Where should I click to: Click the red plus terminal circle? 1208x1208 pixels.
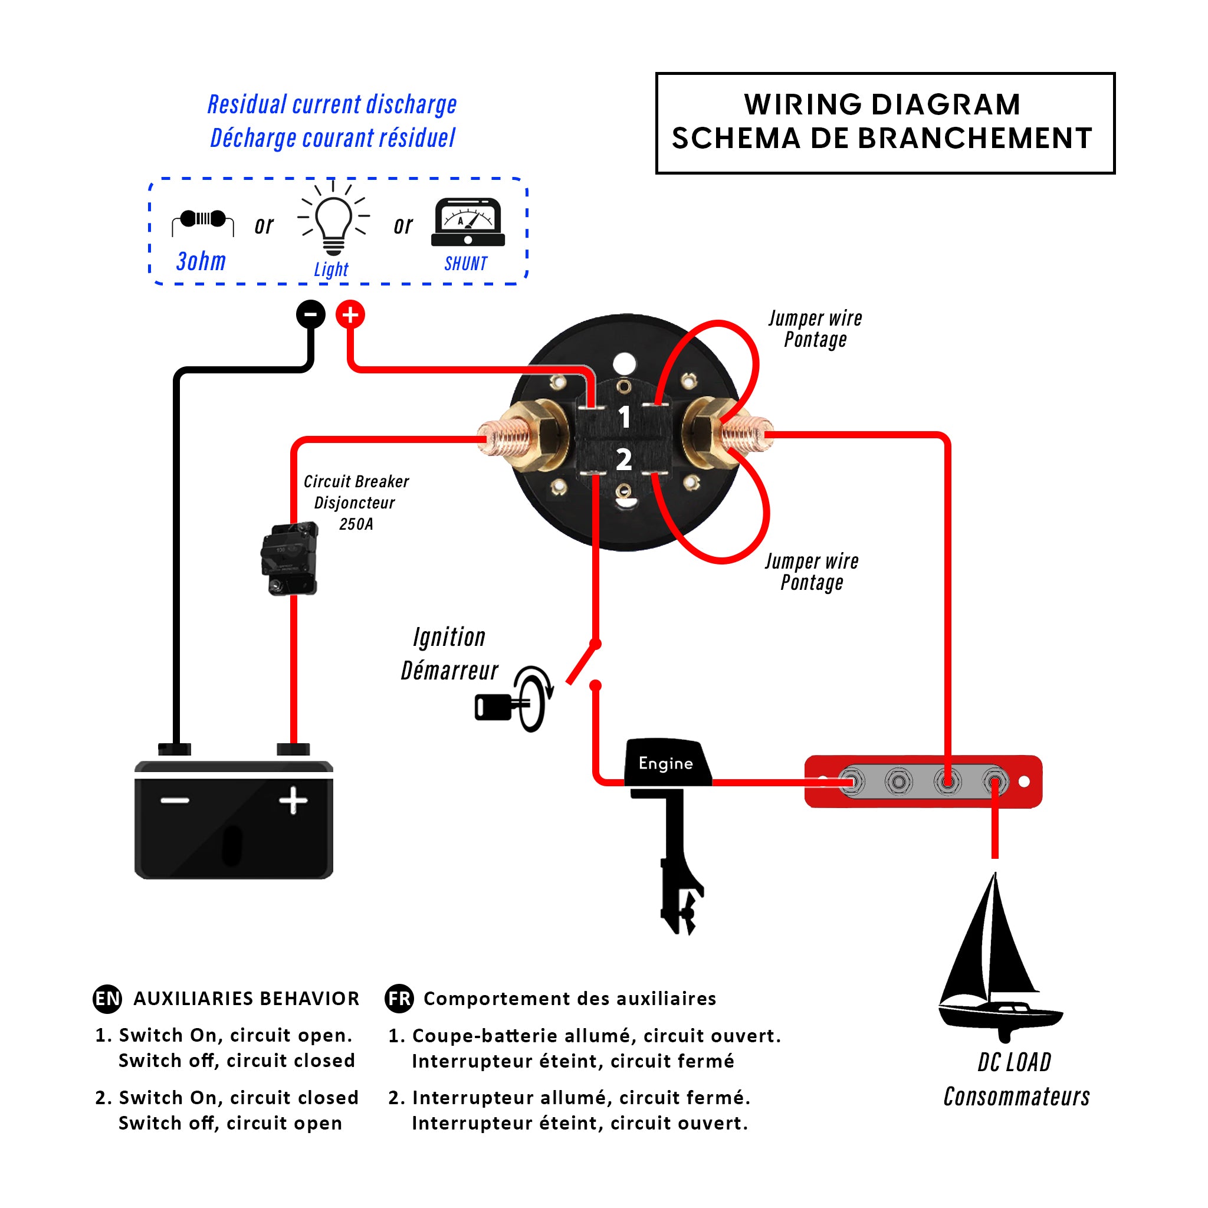[350, 314]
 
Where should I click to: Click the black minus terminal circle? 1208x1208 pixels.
[311, 314]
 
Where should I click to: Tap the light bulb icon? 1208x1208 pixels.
[333, 222]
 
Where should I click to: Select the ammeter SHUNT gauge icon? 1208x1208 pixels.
[468, 222]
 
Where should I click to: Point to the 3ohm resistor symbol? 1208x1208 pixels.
[202, 219]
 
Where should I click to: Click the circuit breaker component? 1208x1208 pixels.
[290, 559]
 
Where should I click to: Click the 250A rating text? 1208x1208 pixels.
[356, 524]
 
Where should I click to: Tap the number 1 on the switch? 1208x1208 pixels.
[624, 417]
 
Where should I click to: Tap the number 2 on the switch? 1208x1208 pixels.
[624, 460]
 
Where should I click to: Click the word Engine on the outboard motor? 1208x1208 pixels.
[665, 763]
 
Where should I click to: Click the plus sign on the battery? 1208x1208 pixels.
[293, 801]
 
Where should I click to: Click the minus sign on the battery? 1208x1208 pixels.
[175, 801]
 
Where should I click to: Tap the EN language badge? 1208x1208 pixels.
[107, 999]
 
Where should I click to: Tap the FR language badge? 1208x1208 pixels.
[399, 999]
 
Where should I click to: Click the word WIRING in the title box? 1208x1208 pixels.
[800, 104]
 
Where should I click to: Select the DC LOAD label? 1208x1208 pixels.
[1014, 1062]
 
